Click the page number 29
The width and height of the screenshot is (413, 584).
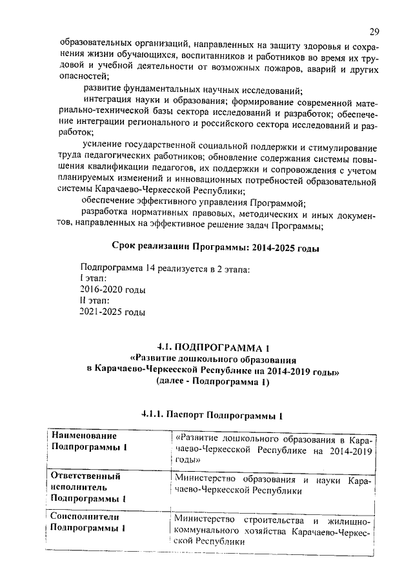375,32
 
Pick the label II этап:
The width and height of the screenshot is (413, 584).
95,301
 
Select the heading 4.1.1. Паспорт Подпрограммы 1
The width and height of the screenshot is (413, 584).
212,414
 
